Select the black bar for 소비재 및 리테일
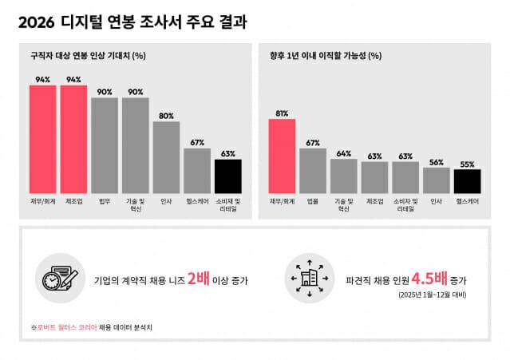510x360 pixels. point(227,176)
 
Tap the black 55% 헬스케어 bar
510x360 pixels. point(466,180)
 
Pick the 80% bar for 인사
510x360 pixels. point(166,156)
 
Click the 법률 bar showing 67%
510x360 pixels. point(313,170)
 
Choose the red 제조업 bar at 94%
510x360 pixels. point(73,138)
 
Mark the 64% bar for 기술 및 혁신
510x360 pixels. point(344,175)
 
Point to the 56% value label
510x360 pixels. point(436,162)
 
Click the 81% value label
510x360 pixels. point(282,113)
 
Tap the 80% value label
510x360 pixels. point(166,116)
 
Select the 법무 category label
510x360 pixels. point(105,202)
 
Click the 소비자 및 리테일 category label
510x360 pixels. point(405,205)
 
